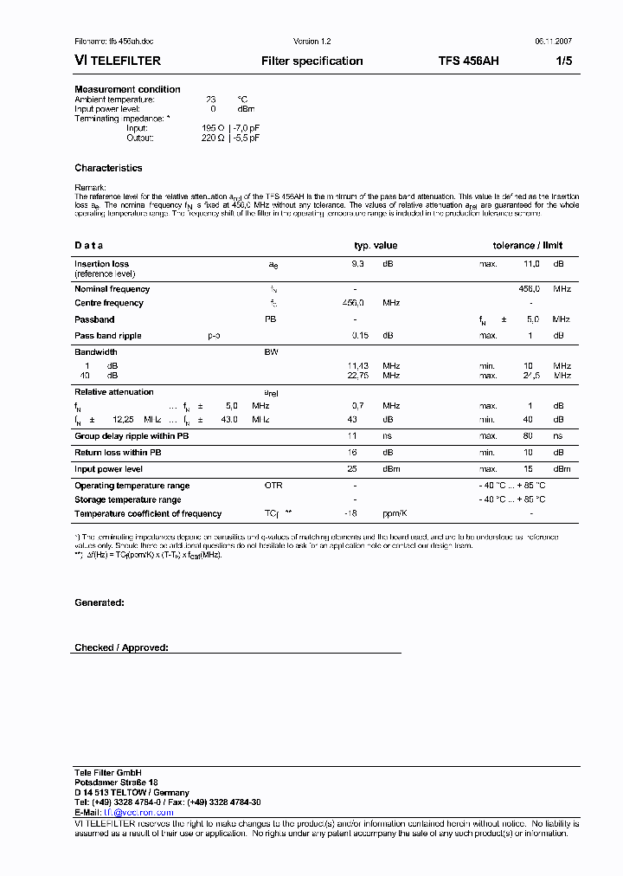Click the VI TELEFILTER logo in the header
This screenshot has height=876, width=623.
114,61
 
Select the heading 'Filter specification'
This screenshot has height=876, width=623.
311,61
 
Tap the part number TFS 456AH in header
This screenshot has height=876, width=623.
468,61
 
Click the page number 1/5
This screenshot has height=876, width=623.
563,61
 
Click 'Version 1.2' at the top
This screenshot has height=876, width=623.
311,42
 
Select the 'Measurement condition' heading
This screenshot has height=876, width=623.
127,89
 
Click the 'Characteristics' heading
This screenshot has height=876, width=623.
108,168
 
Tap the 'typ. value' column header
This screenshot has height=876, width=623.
376,246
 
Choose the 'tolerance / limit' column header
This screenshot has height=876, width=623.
527,246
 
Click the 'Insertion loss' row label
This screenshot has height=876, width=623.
101,264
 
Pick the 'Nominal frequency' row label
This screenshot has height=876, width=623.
112,289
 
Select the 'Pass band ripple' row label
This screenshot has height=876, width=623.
107,336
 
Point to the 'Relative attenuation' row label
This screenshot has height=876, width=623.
114,392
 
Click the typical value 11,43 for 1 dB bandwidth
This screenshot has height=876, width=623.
357,366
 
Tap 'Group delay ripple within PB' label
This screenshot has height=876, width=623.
131,436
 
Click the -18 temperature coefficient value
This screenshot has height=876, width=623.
350,514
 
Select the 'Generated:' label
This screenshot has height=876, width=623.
100,602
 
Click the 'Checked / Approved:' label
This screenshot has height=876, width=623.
121,647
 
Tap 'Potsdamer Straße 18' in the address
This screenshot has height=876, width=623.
116,782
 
